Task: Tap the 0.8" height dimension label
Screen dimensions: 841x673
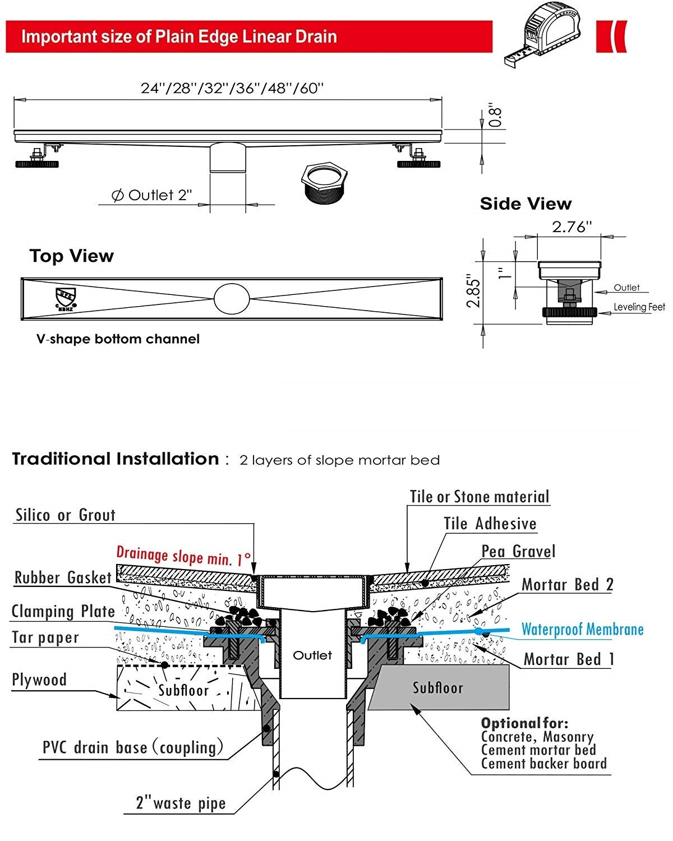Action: click(495, 115)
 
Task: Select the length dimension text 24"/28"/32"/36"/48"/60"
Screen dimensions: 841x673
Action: click(232, 89)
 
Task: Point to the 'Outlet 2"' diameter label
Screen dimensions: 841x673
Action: click(152, 195)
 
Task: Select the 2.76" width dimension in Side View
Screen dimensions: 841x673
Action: click(571, 227)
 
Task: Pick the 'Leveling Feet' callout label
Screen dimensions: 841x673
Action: click(639, 307)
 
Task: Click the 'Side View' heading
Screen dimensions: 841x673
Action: click(526, 204)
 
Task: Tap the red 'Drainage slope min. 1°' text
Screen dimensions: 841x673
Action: click(183, 556)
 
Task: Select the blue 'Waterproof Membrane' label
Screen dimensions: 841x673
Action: click(582, 629)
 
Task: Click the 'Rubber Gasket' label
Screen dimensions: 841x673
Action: click(63, 577)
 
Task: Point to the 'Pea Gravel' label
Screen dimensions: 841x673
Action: click(518, 551)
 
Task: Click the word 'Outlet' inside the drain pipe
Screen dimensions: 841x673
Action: click(312, 655)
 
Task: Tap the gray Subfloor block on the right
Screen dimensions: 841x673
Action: click(438, 688)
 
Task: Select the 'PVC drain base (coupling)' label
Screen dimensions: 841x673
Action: click(133, 747)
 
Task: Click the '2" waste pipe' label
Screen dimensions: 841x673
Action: click(181, 803)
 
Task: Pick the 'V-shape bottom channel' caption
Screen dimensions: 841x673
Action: click(118, 339)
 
